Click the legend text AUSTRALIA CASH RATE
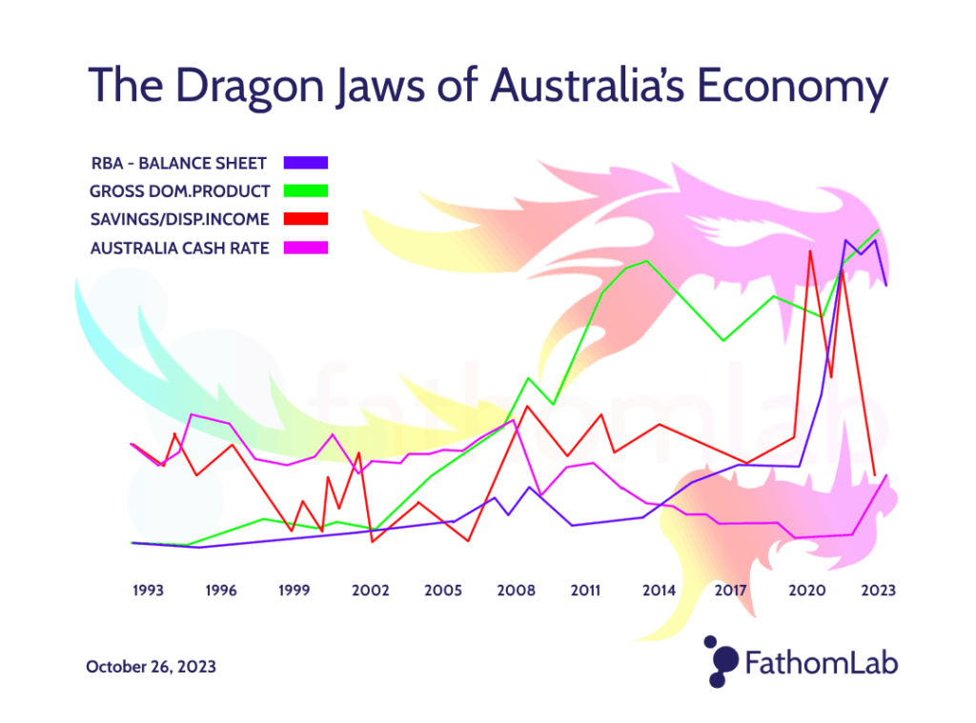pyautogui.click(x=180, y=248)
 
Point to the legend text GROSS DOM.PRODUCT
pyautogui.click(x=180, y=191)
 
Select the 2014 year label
pyautogui.click(x=659, y=591)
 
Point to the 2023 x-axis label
pyautogui.click(x=878, y=591)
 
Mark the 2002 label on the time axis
pyautogui.click(x=371, y=591)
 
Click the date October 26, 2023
pyautogui.click(x=151, y=667)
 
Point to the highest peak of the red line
pyautogui.click(x=810, y=251)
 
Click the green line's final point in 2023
pyautogui.click(x=878, y=231)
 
